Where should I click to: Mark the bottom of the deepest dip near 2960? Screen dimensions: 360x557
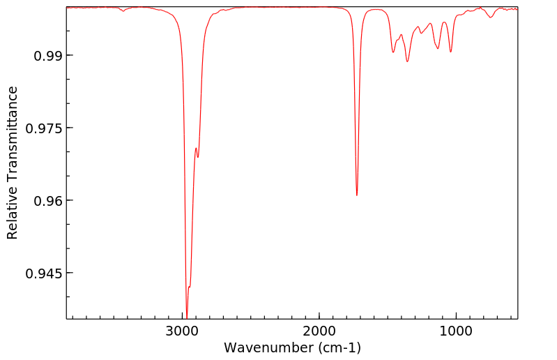click(187, 315)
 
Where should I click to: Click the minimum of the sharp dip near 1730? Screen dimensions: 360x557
click(357, 195)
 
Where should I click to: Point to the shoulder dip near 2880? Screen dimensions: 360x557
click(198, 157)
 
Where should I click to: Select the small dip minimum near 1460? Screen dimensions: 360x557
click(393, 52)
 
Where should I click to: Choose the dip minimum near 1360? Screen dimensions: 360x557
click(407, 61)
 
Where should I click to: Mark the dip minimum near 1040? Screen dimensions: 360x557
click(451, 52)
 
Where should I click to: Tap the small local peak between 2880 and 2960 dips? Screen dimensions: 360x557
click(196, 148)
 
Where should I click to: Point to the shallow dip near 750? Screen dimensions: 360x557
click(491, 17)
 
